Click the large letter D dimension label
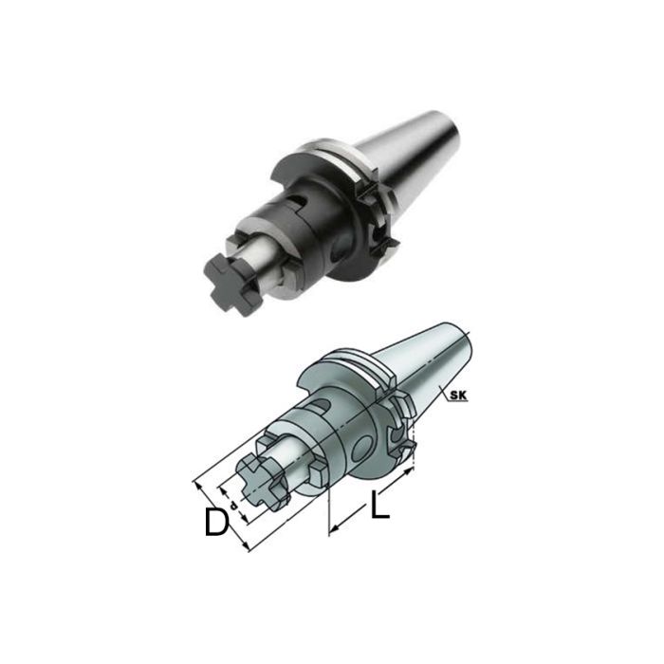(x=217, y=522)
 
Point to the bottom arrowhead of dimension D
(x=249, y=546)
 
